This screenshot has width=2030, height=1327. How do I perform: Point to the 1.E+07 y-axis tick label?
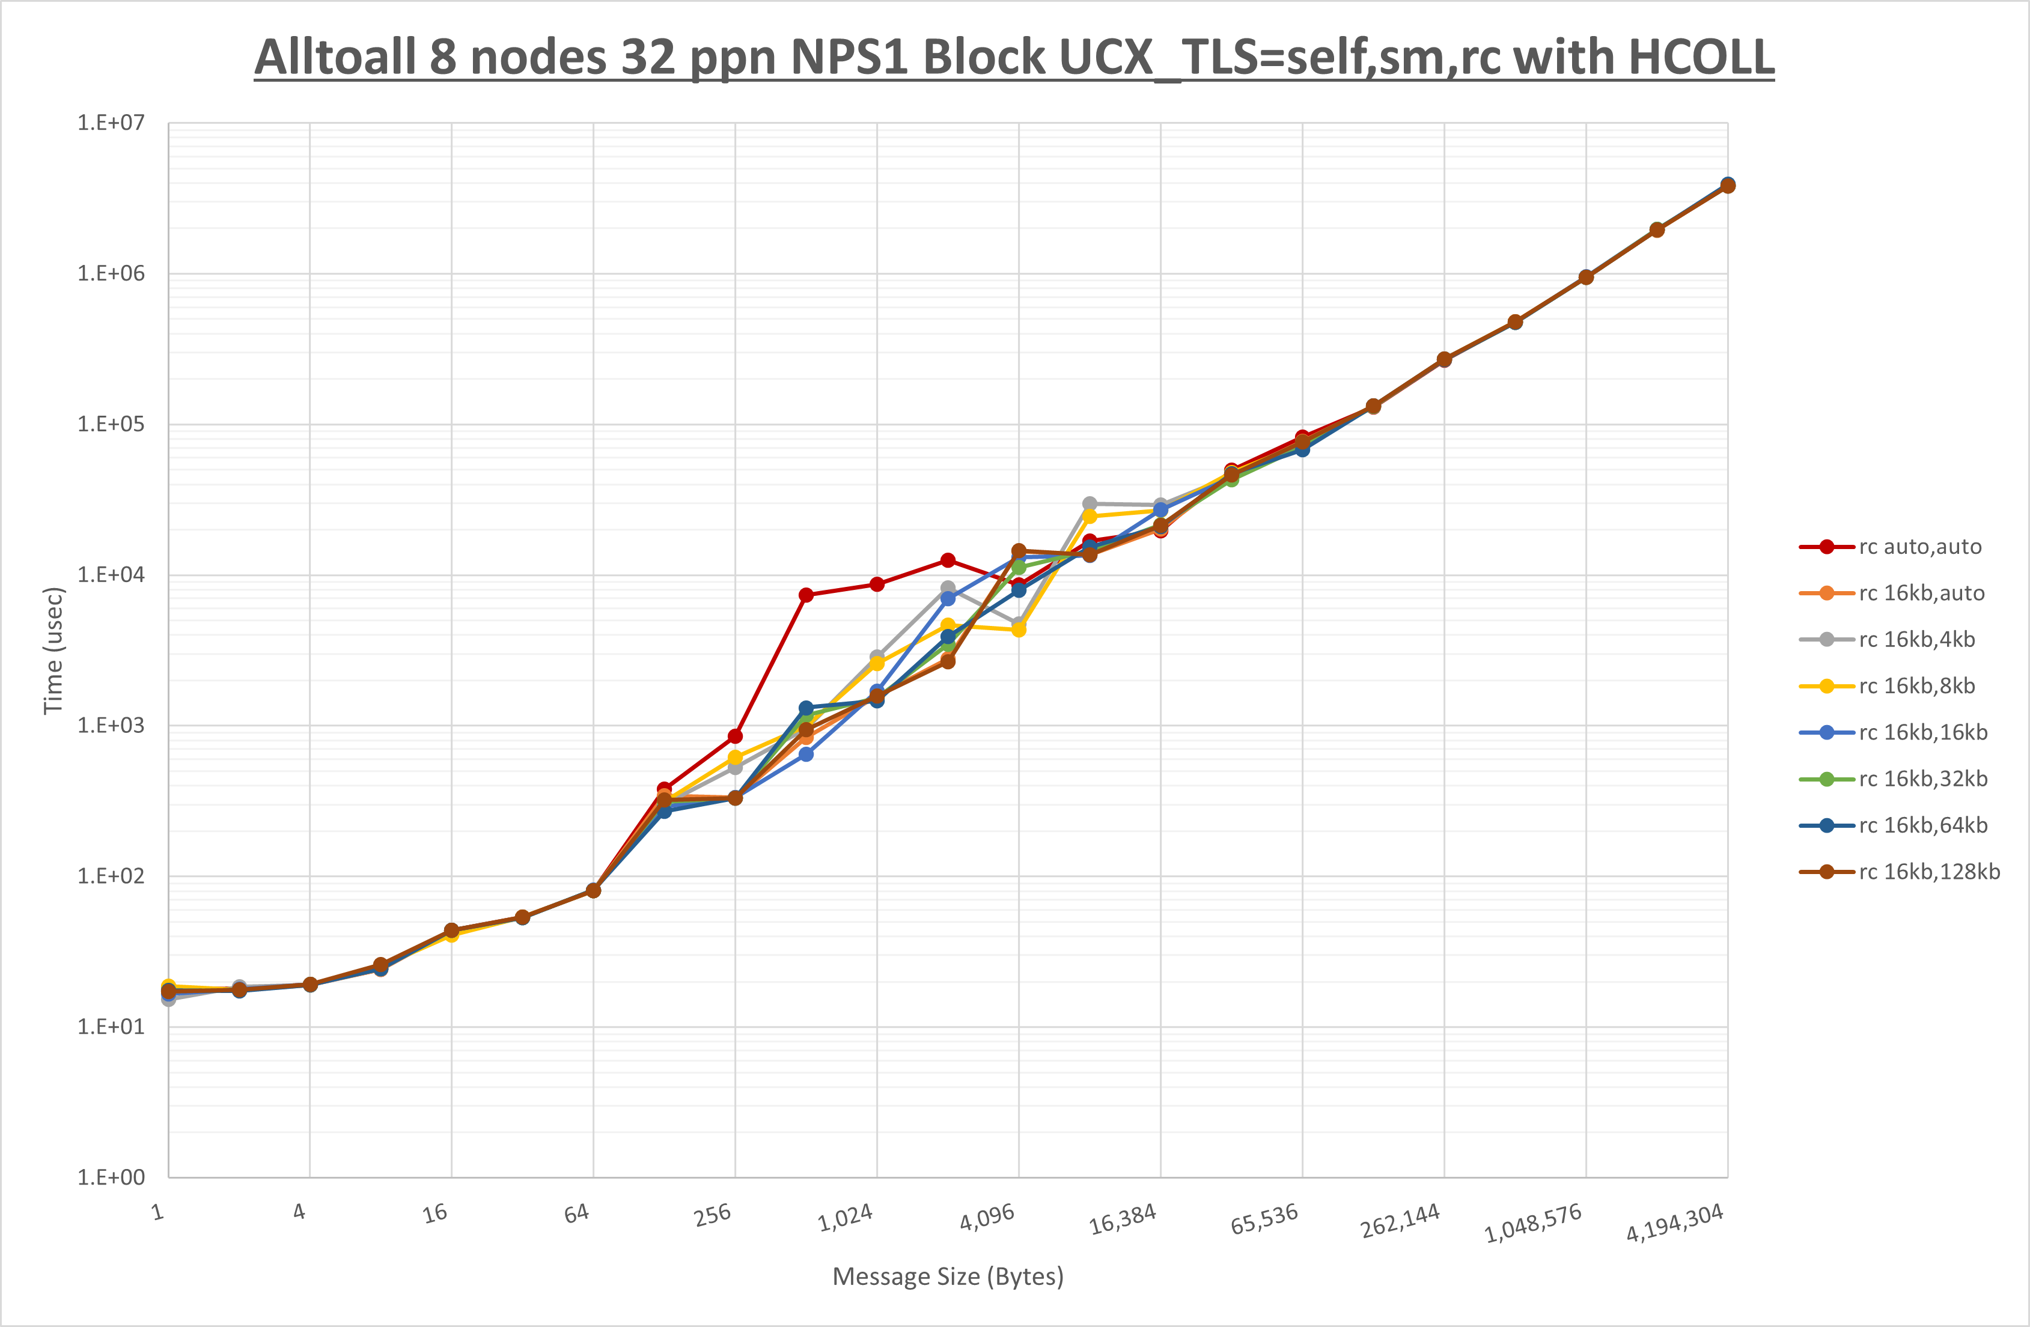coord(111,123)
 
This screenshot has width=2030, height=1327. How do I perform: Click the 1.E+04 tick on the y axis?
coord(111,575)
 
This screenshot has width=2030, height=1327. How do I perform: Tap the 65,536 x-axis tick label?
coord(1264,1219)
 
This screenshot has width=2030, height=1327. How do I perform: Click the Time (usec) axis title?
coord(53,650)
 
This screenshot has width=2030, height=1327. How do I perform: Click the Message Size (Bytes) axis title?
coord(948,1277)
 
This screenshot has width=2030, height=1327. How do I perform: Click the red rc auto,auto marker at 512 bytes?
coord(806,595)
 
